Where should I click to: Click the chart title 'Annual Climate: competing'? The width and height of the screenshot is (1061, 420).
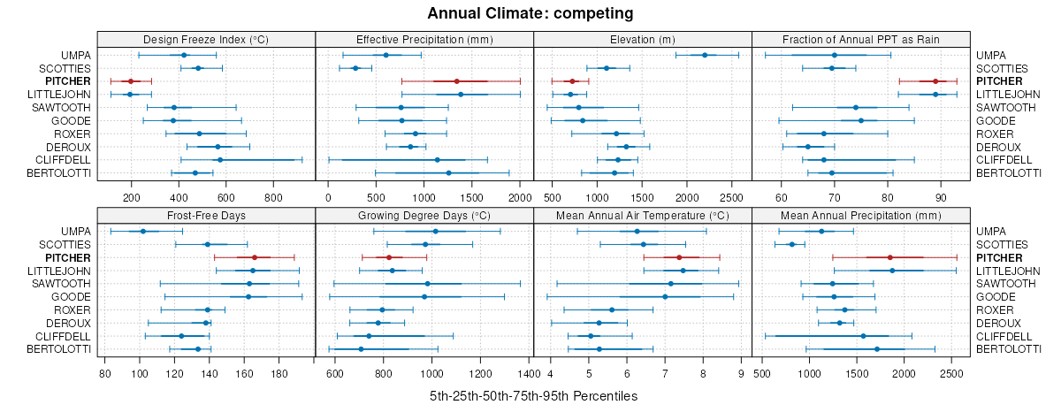[x=530, y=13]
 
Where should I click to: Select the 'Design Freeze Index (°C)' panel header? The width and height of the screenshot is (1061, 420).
[x=206, y=39]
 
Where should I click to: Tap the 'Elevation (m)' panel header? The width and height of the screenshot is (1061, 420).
[x=643, y=39]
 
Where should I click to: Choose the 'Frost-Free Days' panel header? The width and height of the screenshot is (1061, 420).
[x=206, y=215]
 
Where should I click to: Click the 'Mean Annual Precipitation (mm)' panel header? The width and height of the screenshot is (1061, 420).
[x=861, y=215]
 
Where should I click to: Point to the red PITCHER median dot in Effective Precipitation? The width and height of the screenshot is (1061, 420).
[x=456, y=81]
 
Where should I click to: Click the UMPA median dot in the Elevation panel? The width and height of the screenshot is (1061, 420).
[x=705, y=55]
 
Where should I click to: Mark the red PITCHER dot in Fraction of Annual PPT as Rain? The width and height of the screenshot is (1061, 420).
[x=935, y=81]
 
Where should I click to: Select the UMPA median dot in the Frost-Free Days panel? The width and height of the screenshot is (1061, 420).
[x=143, y=231]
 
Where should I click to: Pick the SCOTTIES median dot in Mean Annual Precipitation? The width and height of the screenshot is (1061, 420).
[x=791, y=244]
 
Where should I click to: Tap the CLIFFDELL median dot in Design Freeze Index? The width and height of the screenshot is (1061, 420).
[x=220, y=160]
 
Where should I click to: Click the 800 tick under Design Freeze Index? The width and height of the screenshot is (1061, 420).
[x=273, y=196]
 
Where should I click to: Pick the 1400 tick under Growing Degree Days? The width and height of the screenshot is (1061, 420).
[x=529, y=372]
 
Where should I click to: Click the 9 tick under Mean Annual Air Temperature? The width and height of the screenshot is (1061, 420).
[x=740, y=372]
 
